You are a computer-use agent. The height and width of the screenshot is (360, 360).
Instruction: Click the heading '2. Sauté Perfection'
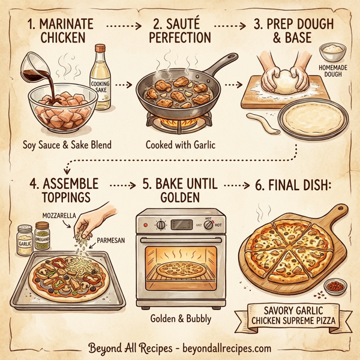(181, 29)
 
